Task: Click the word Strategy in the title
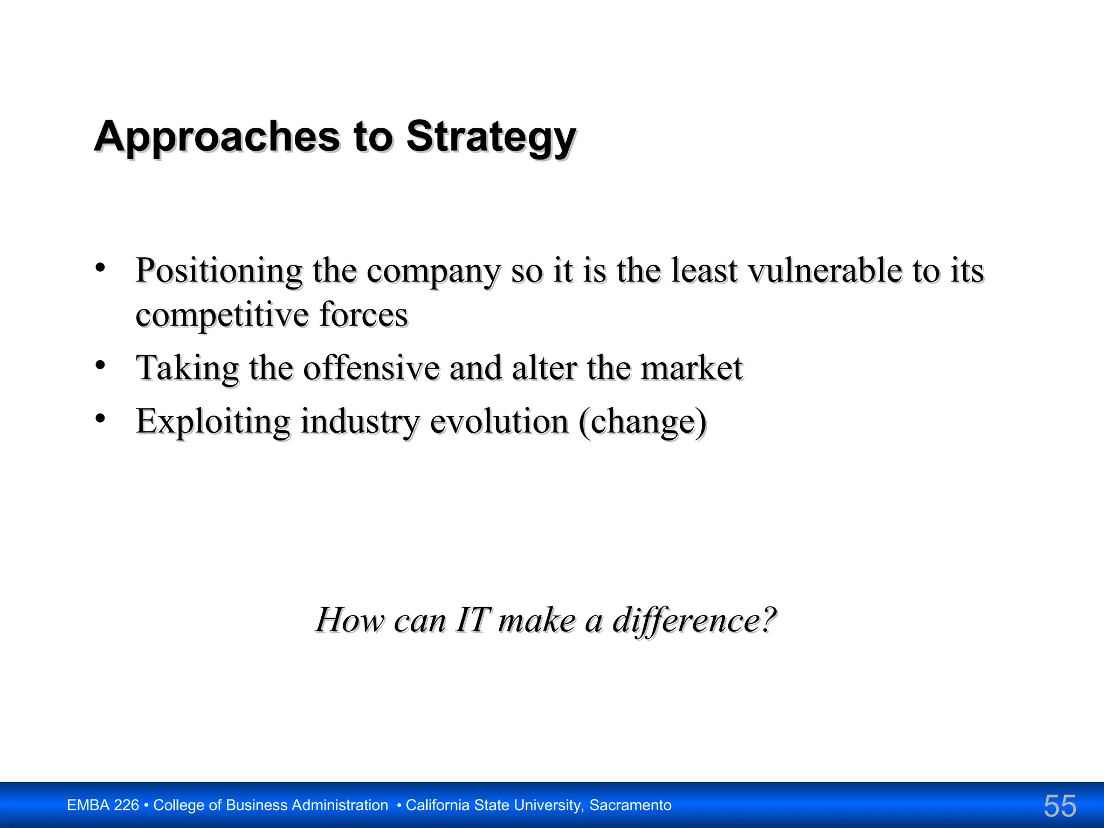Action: (491, 137)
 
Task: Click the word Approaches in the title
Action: (217, 137)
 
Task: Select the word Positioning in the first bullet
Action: (218, 271)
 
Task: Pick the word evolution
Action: (499, 422)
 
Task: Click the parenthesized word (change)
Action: (643, 422)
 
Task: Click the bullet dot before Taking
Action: (100, 365)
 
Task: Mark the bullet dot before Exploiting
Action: (100, 418)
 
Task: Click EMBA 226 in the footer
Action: (102, 805)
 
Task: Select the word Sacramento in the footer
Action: (630, 805)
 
